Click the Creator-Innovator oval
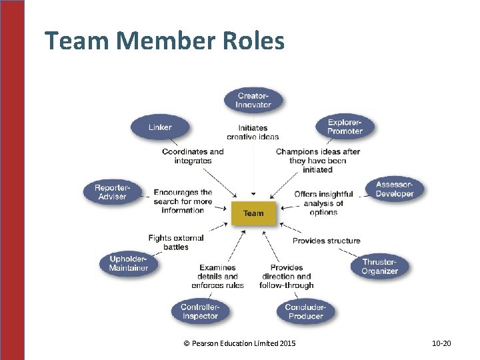point(253,100)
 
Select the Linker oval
point(160,127)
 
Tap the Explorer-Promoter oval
point(345,127)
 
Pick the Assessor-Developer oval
point(395,189)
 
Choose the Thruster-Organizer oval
point(379,267)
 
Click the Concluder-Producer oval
point(305,311)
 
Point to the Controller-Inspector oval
point(200,311)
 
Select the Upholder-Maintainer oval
point(129,263)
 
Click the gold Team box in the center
point(253,213)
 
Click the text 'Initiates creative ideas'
point(253,132)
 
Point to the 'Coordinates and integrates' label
point(193,156)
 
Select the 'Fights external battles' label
point(176,242)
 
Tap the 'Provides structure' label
point(326,241)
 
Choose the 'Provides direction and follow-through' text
point(291,276)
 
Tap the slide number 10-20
point(441,343)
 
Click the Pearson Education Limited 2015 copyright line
point(239,343)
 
